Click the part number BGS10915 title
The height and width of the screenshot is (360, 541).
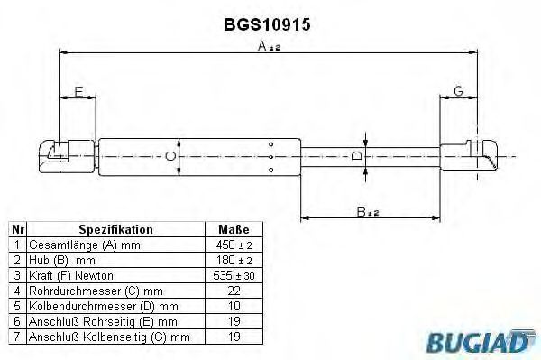(x=267, y=24)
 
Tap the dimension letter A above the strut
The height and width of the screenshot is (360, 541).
(x=262, y=45)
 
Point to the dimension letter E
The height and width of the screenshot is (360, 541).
(x=78, y=92)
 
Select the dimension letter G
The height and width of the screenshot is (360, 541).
(x=459, y=91)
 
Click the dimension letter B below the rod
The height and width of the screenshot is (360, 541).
(x=361, y=211)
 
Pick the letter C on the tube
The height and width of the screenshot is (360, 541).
(x=170, y=157)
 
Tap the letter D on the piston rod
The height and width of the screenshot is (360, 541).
(x=357, y=156)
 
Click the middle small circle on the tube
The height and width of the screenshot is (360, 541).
(x=270, y=157)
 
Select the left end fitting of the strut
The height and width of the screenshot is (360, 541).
(x=68, y=156)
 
